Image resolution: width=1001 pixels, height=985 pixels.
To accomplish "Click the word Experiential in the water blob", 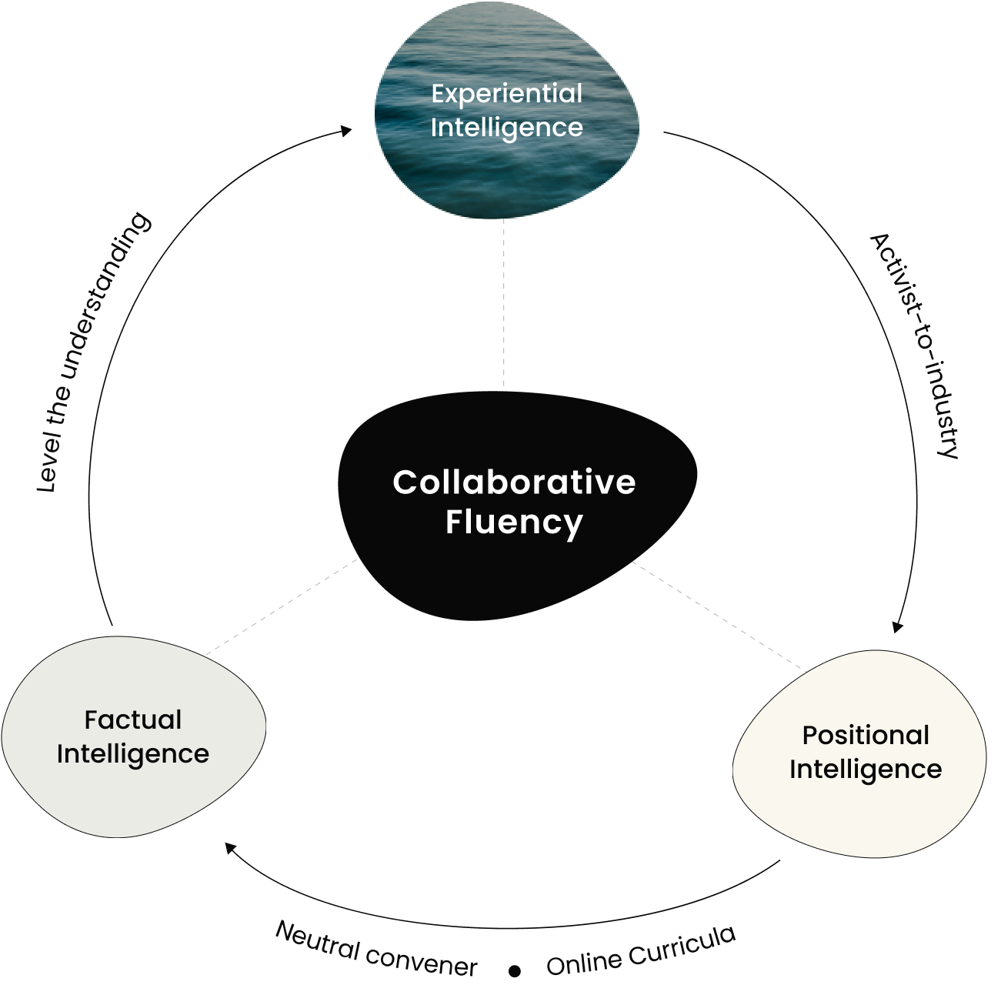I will [506, 94].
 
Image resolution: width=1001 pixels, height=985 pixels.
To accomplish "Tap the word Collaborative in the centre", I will [514, 482].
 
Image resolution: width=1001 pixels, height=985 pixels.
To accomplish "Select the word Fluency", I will [514, 523].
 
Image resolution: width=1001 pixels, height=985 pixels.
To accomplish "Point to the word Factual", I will [133, 720].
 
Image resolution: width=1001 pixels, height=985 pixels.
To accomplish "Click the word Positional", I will [866, 736].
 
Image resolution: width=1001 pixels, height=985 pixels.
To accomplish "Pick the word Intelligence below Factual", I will [133, 754].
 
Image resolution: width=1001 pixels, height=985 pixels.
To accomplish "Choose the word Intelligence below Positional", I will [866, 770].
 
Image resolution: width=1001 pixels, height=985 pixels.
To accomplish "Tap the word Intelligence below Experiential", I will [506, 128].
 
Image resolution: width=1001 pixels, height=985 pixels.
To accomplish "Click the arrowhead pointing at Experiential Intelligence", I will [348, 131].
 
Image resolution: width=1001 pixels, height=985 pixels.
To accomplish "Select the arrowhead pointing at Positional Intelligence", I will [897, 626].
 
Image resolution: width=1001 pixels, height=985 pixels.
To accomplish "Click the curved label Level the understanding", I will [93, 354].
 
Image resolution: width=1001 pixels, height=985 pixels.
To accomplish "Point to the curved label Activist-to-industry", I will [916, 346].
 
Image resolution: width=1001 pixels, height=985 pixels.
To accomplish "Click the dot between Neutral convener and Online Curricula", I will [515, 971].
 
